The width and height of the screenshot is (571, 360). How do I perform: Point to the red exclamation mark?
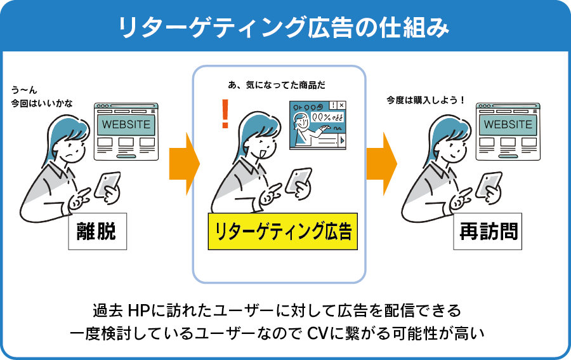point(224,115)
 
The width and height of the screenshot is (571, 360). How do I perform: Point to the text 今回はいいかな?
point(42,102)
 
